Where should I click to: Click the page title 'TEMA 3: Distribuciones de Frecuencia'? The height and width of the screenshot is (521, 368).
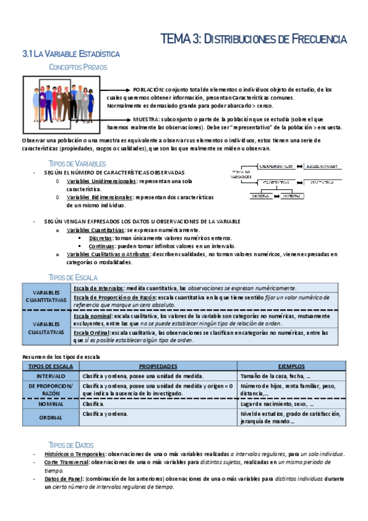253,39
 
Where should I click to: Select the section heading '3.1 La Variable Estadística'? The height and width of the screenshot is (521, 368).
71,55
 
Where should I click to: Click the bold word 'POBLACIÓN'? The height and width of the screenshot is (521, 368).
149,90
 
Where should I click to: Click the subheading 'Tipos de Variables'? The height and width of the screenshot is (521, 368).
77,164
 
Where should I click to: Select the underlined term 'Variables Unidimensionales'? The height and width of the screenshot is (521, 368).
102,182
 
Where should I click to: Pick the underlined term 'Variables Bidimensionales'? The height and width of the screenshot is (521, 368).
100,197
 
